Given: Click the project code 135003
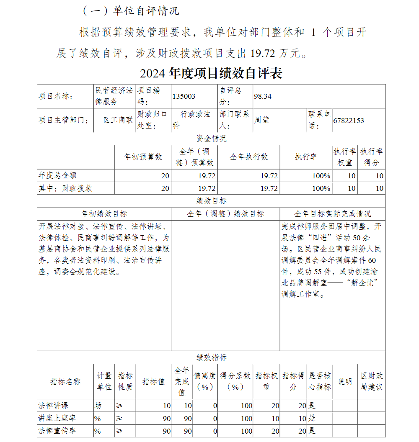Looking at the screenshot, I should tap(184, 96).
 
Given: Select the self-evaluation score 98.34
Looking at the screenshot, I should tap(263, 96).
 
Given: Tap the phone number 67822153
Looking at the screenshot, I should tap(349, 121).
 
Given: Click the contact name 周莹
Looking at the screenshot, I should tap(261, 121).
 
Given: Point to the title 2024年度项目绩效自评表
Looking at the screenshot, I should tap(211, 73).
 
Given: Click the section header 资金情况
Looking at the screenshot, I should tap(211, 139).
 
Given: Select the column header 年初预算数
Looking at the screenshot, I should tap(143, 157).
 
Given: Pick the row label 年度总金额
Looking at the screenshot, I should tap(57, 175).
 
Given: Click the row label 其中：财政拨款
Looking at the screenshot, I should tap(65, 188).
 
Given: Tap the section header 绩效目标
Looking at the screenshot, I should tap(211, 201).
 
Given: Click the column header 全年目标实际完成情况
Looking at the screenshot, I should tap(332, 214).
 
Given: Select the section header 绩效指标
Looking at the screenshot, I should tap(211, 357).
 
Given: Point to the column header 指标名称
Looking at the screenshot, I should tap(65, 381).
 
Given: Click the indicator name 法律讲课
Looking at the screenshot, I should tap(53, 405).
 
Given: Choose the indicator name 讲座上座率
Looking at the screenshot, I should tap(57, 418).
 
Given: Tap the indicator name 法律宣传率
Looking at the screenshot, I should tap(57, 431).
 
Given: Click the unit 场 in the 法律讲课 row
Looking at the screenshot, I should tap(98, 405).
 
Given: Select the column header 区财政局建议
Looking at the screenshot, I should tap(372, 381).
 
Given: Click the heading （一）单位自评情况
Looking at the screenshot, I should tap(131, 11).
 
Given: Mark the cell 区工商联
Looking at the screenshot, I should tap(119, 121).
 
